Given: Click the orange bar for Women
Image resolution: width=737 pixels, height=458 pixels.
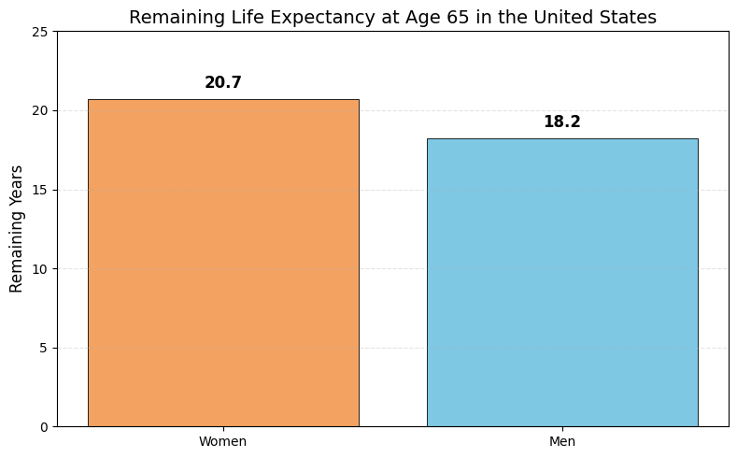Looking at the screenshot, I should [x=222, y=263].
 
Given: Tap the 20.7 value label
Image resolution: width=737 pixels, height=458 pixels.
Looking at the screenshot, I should [x=222, y=83].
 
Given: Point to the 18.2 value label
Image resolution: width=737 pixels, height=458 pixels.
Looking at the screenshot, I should [x=561, y=122].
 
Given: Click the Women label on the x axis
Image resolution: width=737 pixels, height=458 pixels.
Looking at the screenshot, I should [x=222, y=441].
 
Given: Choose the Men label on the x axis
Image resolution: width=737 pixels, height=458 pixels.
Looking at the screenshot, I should [x=561, y=441].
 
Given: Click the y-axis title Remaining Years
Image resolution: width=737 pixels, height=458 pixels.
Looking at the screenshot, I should [x=17, y=229].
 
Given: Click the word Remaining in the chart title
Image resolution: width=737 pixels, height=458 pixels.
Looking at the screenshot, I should [x=168, y=18].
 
